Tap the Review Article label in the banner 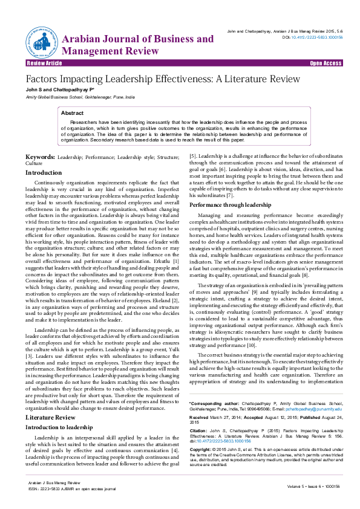(44, 63)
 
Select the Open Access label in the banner (326, 63)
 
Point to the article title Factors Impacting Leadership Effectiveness (154, 79)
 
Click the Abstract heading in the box (73, 113)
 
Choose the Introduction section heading (43, 173)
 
